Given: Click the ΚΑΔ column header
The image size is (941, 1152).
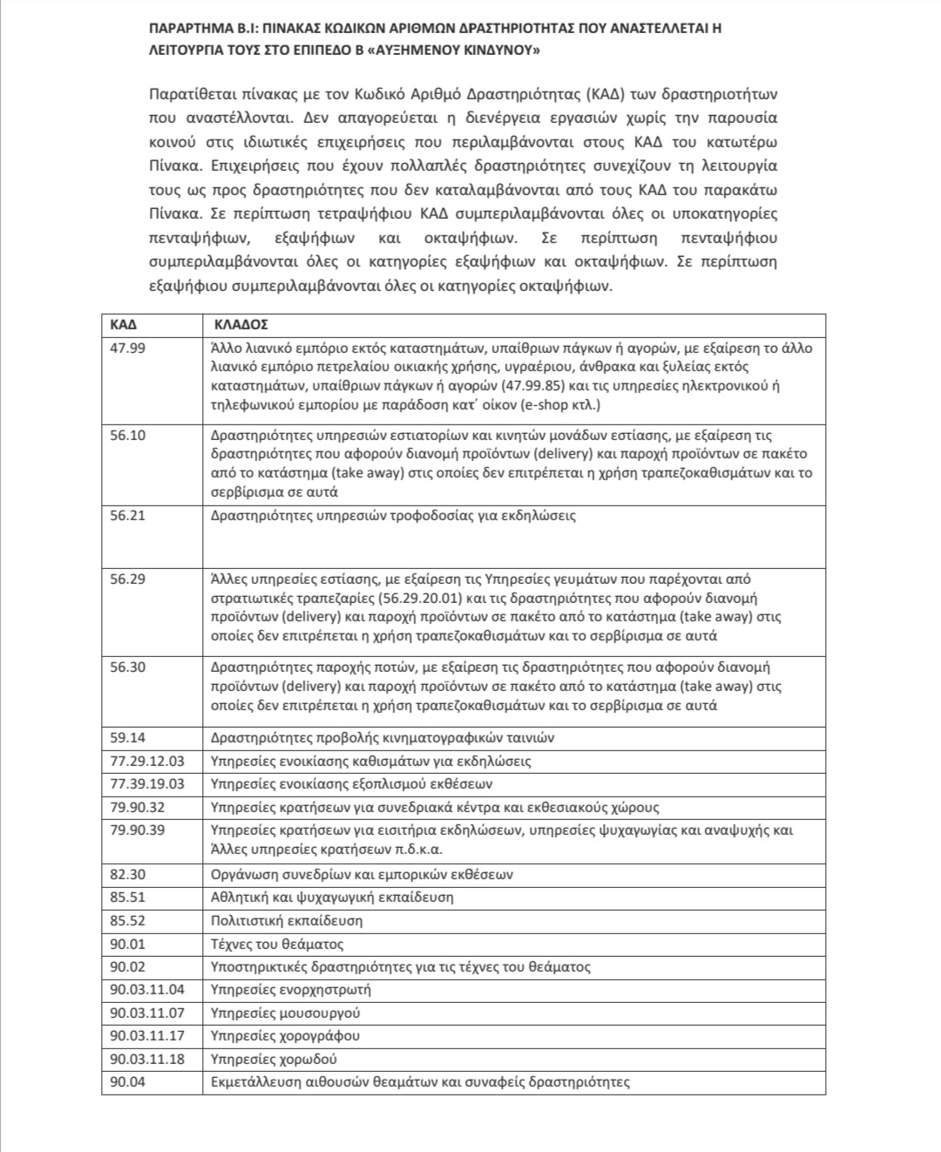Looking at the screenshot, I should coord(123,324).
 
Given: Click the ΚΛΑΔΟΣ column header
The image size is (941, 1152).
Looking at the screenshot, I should coord(240,324).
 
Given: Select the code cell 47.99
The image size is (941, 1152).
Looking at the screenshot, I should coord(127,349).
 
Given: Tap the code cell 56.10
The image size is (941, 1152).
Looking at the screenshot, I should coord(127,436).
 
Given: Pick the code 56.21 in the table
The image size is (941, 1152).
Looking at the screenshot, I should coord(127,516).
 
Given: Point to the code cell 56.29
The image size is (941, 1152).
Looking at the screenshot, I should coord(127,579).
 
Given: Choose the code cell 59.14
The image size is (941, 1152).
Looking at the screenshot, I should coord(127,738).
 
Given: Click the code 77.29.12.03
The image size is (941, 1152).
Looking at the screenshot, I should coord(147,761).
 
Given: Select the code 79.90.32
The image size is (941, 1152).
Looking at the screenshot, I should coord(137,807).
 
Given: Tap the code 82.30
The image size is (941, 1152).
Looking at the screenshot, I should coord(127,874).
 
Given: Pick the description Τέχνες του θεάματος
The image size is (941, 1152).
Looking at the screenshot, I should coord(277,944).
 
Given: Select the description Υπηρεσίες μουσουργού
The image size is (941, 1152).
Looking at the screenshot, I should coord(285,1013).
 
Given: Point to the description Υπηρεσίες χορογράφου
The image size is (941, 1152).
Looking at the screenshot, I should coord(285,1036).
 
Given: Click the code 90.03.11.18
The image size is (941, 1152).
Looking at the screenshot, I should coord(147,1059).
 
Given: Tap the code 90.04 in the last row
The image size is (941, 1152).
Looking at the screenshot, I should coord(127,1082).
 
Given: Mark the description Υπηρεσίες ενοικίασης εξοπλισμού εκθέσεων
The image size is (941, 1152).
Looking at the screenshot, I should coord(352,783).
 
